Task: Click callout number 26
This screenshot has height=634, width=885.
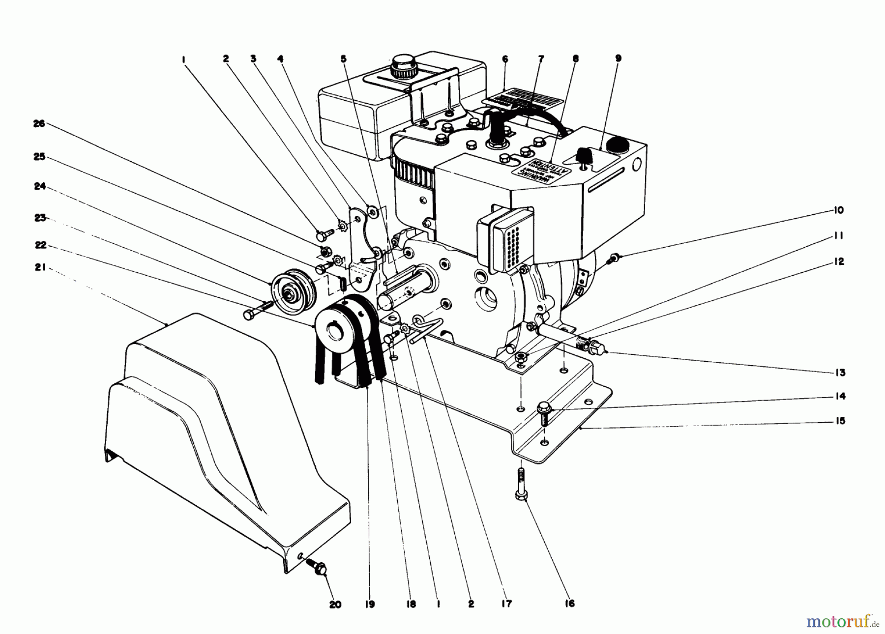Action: coord(39,124)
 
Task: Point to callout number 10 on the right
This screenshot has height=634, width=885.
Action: coord(839,210)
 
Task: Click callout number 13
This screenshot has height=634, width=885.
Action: coord(840,373)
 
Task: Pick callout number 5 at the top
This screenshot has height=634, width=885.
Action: coord(343,59)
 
